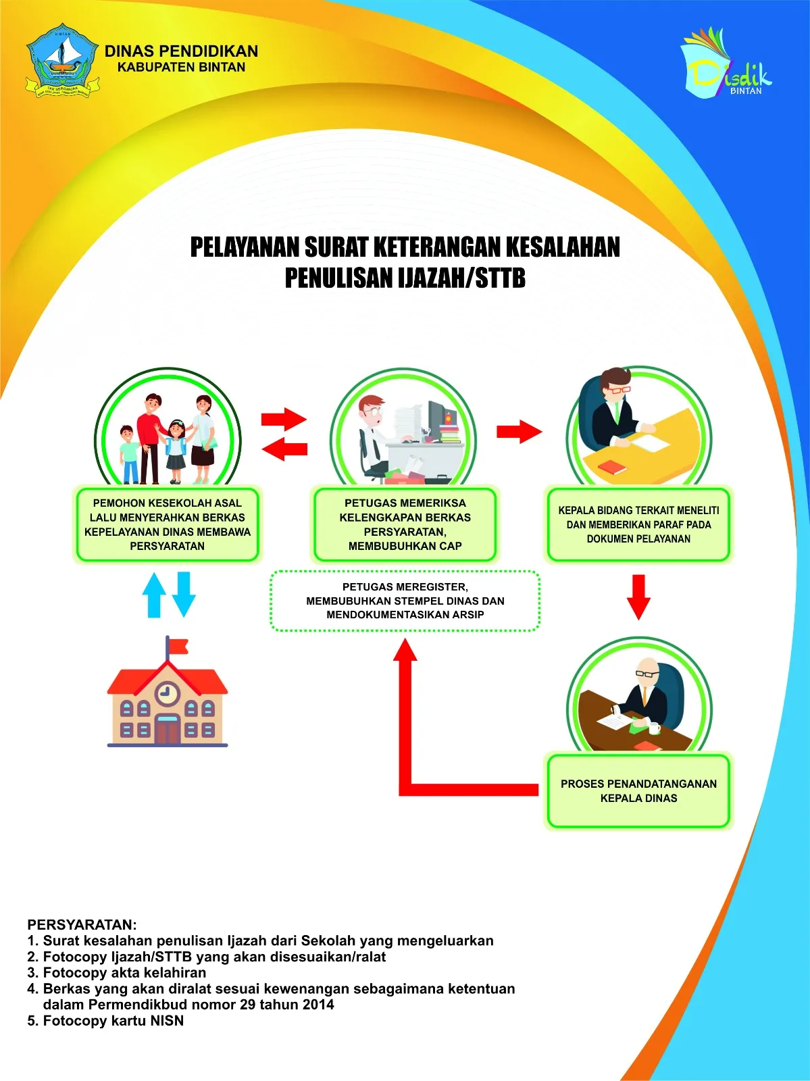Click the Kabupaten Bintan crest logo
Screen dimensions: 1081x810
[x=62, y=61]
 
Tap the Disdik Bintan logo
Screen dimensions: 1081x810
[x=726, y=63]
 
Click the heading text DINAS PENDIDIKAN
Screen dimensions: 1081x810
[x=181, y=51]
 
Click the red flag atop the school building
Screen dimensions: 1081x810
[x=178, y=647]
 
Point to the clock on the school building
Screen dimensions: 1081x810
[x=167, y=693]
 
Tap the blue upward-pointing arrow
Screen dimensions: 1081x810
[x=154, y=595]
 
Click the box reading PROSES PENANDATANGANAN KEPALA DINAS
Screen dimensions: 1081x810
[x=638, y=791]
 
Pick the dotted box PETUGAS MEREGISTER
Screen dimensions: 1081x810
[x=405, y=601]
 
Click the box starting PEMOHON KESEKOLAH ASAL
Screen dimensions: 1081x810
[x=167, y=524]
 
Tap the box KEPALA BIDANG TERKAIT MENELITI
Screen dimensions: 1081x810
[x=638, y=524]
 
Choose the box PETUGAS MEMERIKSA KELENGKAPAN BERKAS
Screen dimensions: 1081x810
[x=405, y=524]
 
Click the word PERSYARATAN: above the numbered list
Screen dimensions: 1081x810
[x=82, y=925]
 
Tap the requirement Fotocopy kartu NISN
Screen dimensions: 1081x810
[x=106, y=1021]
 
